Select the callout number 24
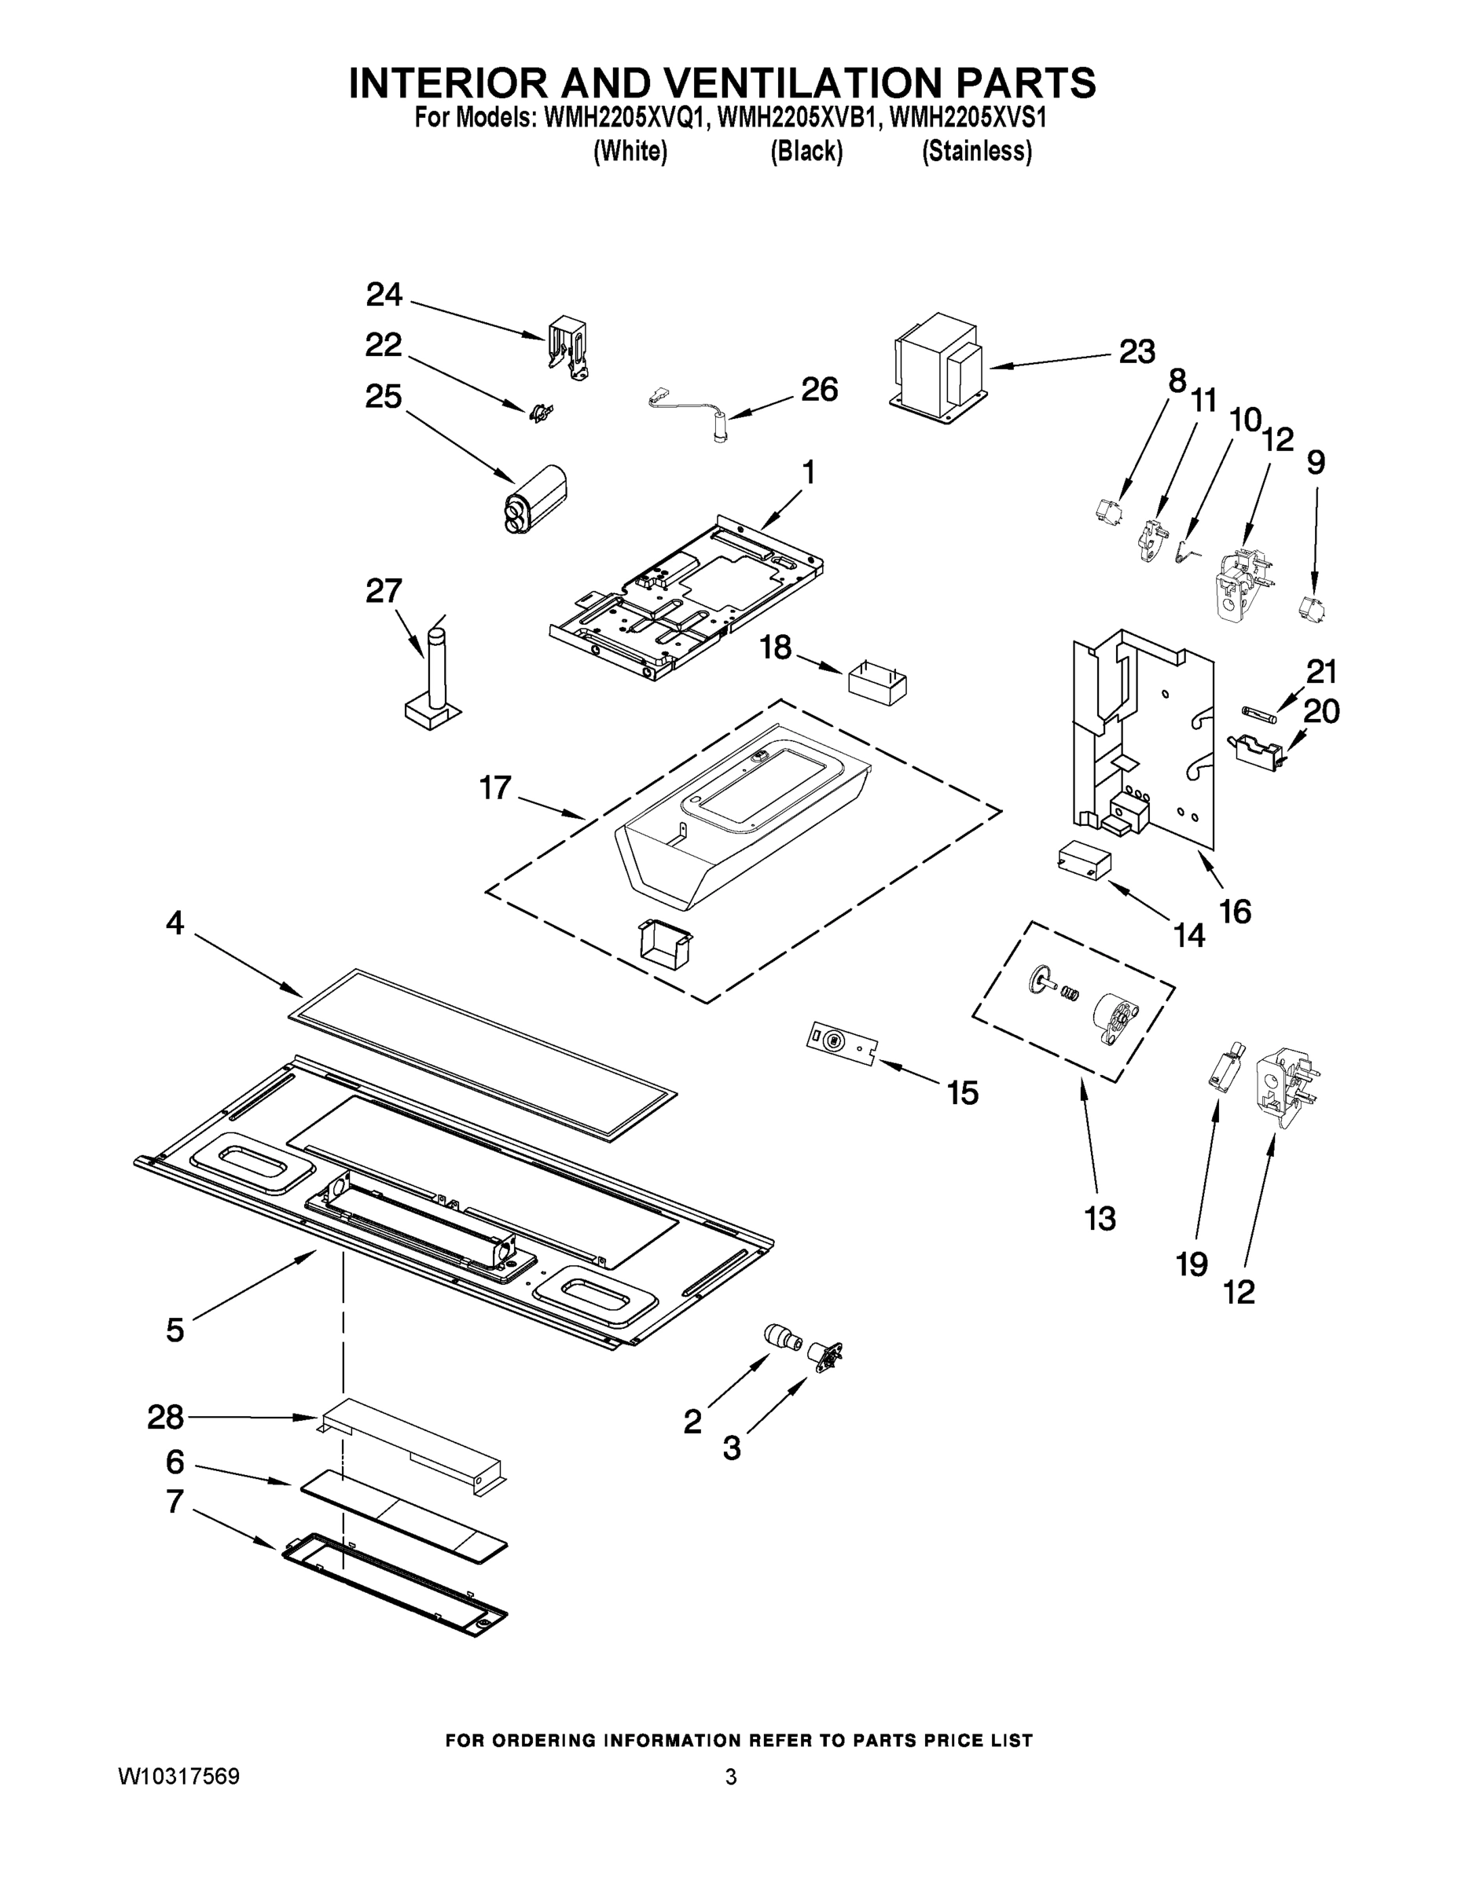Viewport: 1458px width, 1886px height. tap(384, 295)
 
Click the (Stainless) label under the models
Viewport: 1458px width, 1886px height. tap(976, 152)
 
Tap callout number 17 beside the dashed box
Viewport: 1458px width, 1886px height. tap(495, 787)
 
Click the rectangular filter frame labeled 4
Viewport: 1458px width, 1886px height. tap(483, 1054)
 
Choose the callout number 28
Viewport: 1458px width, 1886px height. tap(165, 1416)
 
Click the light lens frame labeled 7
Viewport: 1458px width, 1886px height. tap(395, 1584)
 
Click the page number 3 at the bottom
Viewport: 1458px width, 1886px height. tap(731, 1778)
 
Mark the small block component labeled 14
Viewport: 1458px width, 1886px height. tap(1083, 860)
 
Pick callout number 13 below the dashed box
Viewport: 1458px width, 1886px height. tap(1100, 1219)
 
